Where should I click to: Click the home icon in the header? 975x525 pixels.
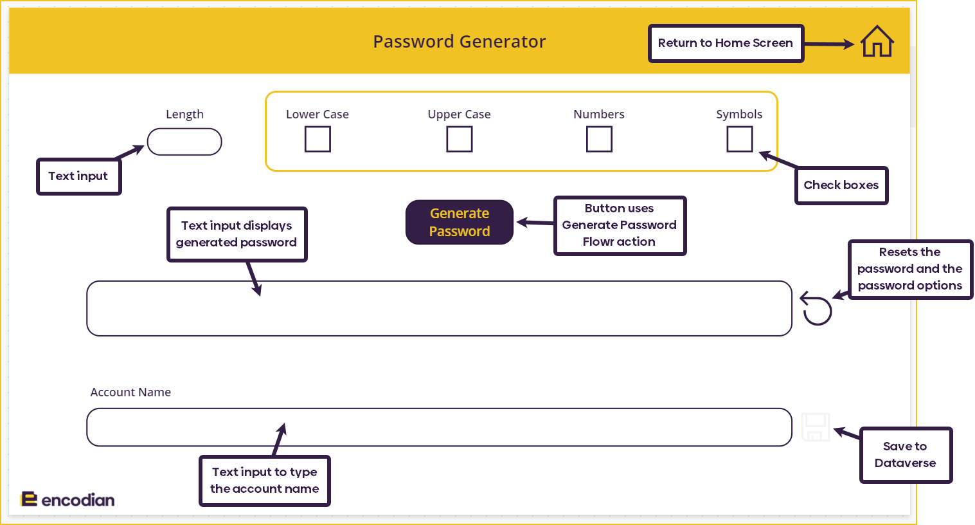pos(877,42)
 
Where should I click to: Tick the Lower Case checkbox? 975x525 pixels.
pos(318,139)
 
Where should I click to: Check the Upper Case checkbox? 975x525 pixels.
pos(459,139)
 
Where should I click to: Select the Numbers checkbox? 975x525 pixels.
pos(599,139)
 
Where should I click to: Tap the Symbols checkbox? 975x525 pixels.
pos(740,139)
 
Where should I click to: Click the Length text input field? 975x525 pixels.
pos(184,142)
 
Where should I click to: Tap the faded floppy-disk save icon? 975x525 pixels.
pos(816,427)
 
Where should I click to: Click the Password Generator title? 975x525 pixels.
pos(459,42)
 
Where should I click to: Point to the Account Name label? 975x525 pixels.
pos(130,392)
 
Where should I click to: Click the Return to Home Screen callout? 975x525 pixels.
pos(726,43)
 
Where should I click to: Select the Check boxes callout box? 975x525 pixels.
pos(841,185)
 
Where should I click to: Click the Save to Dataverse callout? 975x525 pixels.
pos(906,455)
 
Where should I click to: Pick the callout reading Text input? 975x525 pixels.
pos(78,176)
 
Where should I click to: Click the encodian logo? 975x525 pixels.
pos(67,499)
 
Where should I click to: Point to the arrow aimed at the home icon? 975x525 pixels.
pos(829,44)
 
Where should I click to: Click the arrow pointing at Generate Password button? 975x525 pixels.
pos(535,223)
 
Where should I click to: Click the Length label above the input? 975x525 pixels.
pos(184,114)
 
